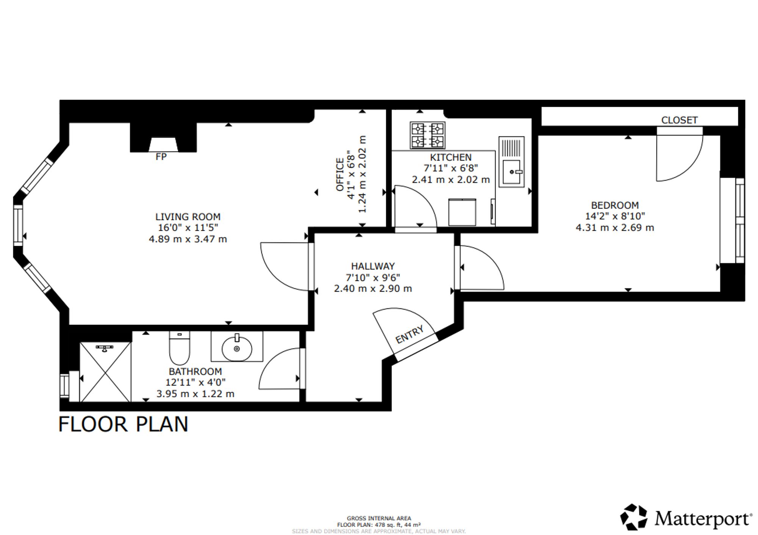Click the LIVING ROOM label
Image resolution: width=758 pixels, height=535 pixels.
pyautogui.click(x=188, y=217)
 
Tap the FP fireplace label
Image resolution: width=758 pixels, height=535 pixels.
pyautogui.click(x=161, y=157)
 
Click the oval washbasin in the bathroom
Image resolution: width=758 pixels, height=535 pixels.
pyautogui.click(x=237, y=348)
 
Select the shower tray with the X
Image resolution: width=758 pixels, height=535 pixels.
pyautogui.click(x=105, y=372)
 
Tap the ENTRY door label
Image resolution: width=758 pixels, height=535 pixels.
pyautogui.click(x=409, y=335)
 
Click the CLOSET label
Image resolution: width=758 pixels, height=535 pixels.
pyautogui.click(x=680, y=120)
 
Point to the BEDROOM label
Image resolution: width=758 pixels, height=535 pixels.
pyautogui.click(x=615, y=206)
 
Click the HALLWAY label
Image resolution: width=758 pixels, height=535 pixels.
pyautogui.click(x=373, y=266)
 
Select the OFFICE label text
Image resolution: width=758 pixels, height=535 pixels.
pyautogui.click(x=340, y=175)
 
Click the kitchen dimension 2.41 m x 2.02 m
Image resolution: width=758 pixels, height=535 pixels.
pyautogui.click(x=451, y=179)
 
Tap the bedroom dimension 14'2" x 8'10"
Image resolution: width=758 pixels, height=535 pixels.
pyautogui.click(x=615, y=216)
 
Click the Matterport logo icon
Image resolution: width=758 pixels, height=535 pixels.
pyautogui.click(x=634, y=517)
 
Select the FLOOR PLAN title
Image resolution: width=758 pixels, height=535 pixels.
pyautogui.click(x=123, y=424)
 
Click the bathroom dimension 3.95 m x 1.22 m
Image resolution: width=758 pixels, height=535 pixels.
pyautogui.click(x=196, y=394)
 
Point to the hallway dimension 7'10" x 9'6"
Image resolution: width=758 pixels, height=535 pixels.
pyautogui.click(x=373, y=278)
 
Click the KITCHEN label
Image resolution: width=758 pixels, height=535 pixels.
pyautogui.click(x=451, y=158)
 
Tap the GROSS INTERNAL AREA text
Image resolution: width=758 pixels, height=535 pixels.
pyautogui.click(x=379, y=518)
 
